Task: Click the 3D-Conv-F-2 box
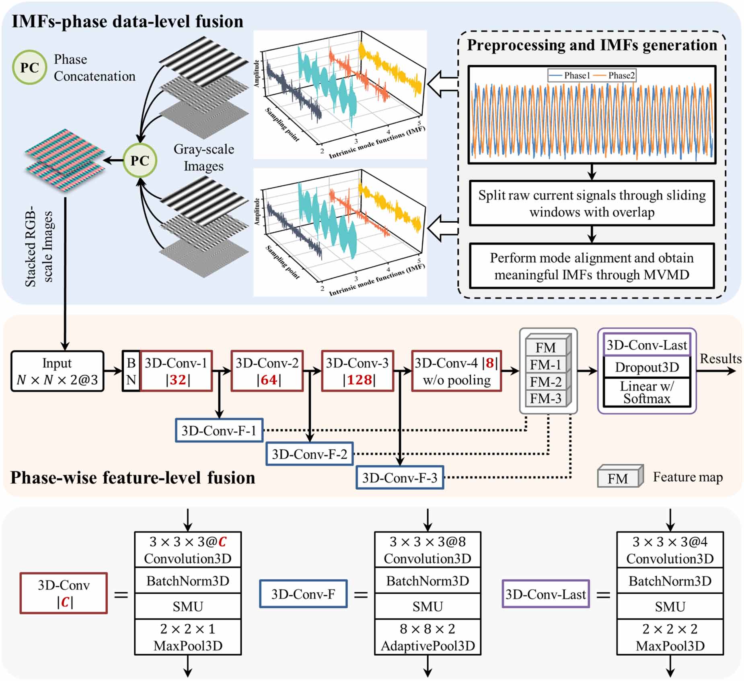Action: point(309,454)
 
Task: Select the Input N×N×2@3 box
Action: point(57,371)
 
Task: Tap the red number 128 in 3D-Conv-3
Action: point(359,380)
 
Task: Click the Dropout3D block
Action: point(647,367)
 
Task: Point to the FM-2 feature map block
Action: point(545,382)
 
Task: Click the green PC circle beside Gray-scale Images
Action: point(140,160)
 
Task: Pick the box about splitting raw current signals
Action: point(592,203)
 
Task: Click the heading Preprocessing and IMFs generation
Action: point(592,45)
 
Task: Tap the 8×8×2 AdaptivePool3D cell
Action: point(427,637)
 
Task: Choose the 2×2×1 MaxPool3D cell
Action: point(188,637)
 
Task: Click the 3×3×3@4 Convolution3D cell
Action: point(670,550)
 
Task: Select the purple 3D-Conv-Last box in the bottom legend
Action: point(545,594)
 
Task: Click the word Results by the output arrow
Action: point(720,358)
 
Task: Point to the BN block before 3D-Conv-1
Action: point(131,371)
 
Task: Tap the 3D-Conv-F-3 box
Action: point(400,478)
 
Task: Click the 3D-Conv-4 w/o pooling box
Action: point(456,371)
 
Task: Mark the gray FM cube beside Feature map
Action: point(619,478)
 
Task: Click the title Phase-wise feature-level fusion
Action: point(133,478)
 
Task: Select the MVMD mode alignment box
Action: point(592,266)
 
